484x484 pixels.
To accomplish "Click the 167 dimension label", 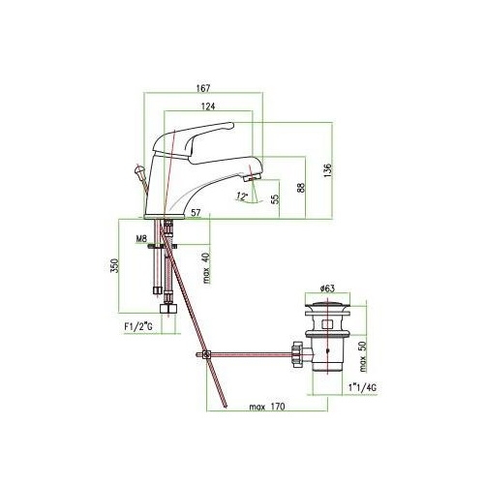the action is point(203,88).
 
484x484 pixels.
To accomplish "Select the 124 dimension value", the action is point(208,106).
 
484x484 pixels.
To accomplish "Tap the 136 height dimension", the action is point(327,170).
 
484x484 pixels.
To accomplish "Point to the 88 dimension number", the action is point(301,188).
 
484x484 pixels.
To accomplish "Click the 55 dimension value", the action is point(275,199).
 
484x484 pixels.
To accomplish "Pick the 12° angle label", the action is point(242,196).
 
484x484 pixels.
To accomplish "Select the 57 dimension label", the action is point(196,213).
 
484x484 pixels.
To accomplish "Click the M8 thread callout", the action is point(141,239).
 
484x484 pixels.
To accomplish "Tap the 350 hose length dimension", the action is point(115,265).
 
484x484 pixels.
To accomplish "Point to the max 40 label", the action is point(206,268).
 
